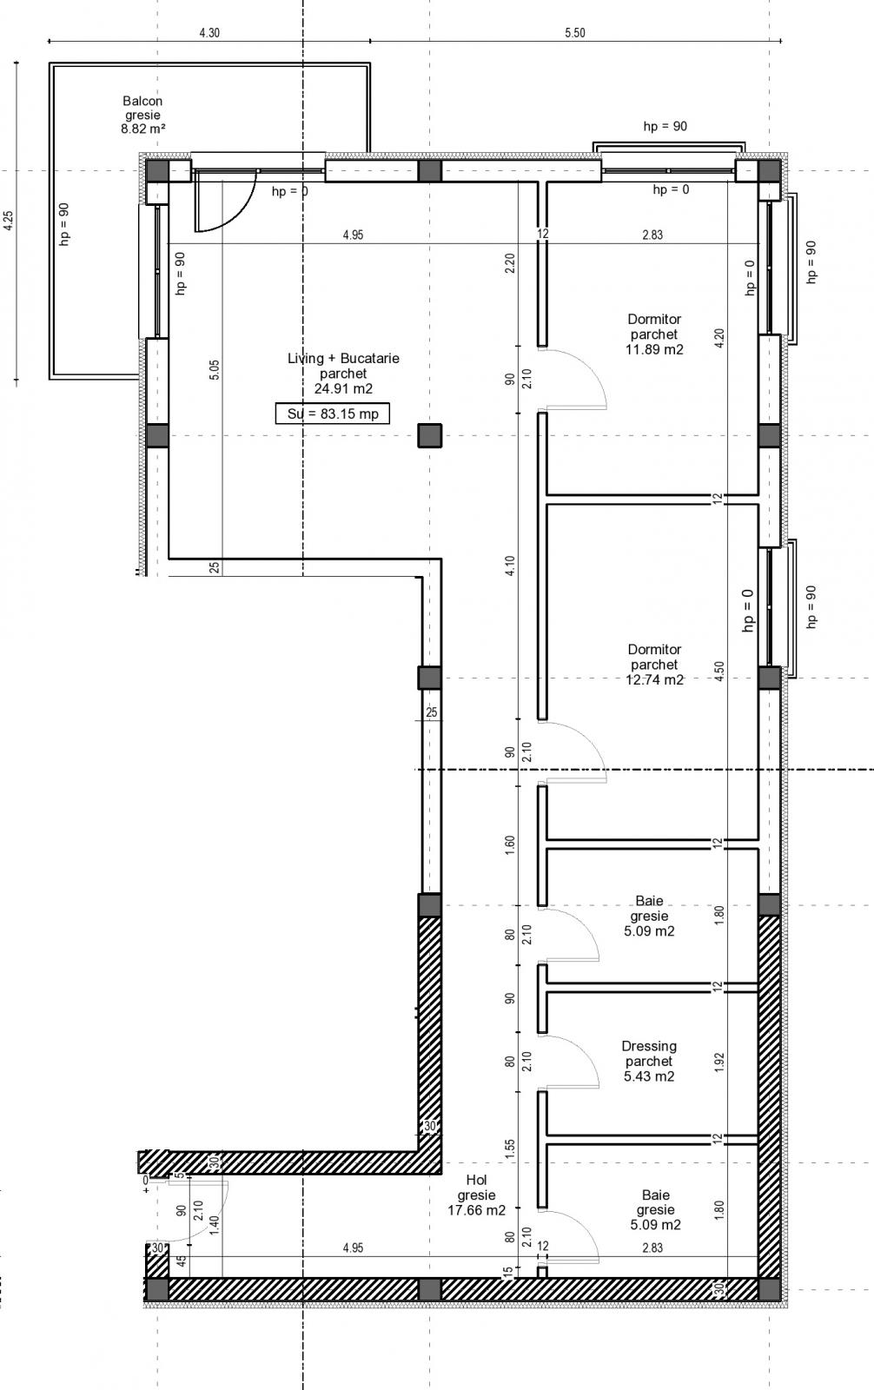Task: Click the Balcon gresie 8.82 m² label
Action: (x=143, y=115)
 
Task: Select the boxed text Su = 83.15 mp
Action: (x=333, y=414)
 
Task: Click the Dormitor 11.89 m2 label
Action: (x=654, y=334)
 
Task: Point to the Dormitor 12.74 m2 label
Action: (x=654, y=665)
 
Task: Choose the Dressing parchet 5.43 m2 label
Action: (x=649, y=1061)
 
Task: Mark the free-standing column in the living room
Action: (x=430, y=435)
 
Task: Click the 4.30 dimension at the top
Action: (x=209, y=33)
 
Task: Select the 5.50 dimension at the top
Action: (x=575, y=33)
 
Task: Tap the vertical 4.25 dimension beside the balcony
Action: (x=9, y=221)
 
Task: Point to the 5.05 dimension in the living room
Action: (x=215, y=370)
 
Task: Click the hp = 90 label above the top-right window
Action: (x=665, y=126)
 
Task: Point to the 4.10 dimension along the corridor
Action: (x=510, y=566)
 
